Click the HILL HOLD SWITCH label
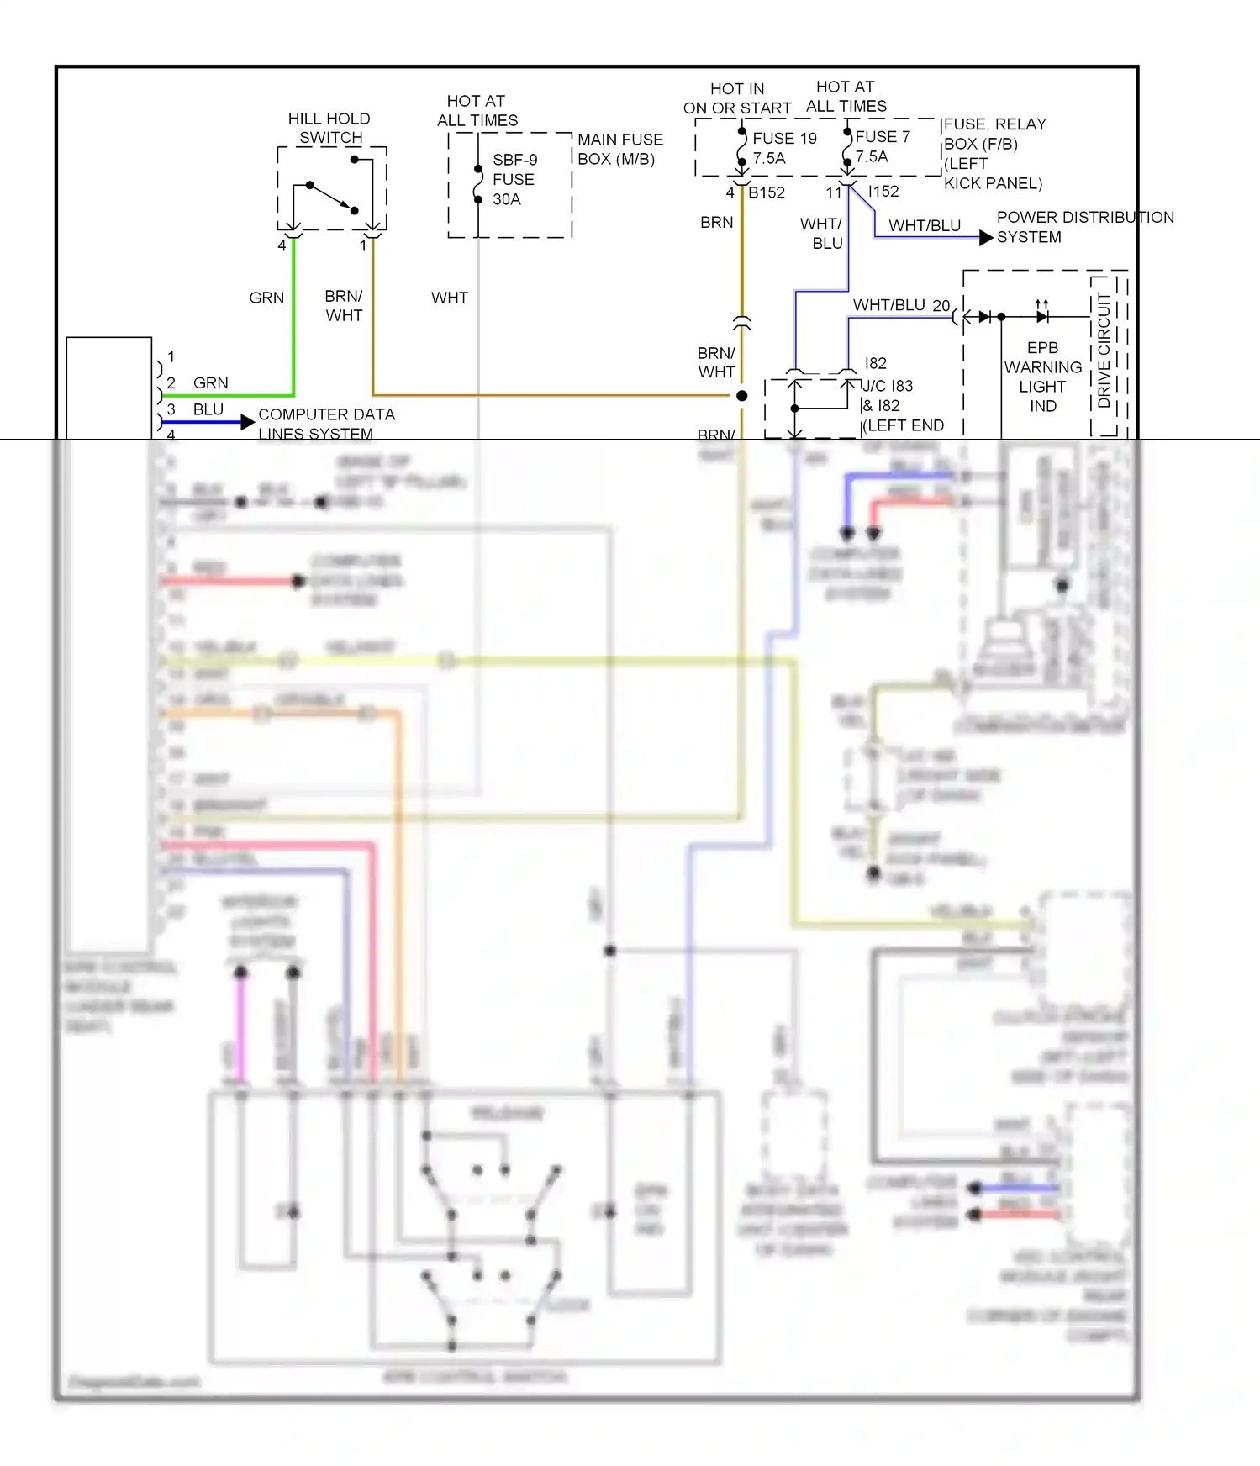(x=329, y=128)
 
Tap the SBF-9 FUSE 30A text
(x=514, y=179)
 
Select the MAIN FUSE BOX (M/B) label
(x=619, y=149)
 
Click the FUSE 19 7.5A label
(x=783, y=148)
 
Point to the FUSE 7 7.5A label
(x=882, y=146)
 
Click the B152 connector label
(x=766, y=192)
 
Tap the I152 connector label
(x=883, y=192)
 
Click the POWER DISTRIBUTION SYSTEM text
(x=1084, y=227)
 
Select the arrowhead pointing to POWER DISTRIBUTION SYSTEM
(x=986, y=238)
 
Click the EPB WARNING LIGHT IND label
(x=1042, y=377)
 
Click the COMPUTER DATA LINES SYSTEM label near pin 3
(x=325, y=424)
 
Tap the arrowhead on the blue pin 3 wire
(x=247, y=422)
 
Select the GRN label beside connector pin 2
(x=210, y=383)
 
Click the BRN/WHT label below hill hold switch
(x=344, y=306)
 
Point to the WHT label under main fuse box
(x=449, y=298)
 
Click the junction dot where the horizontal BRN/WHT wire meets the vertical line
(x=741, y=395)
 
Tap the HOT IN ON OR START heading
(x=737, y=98)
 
